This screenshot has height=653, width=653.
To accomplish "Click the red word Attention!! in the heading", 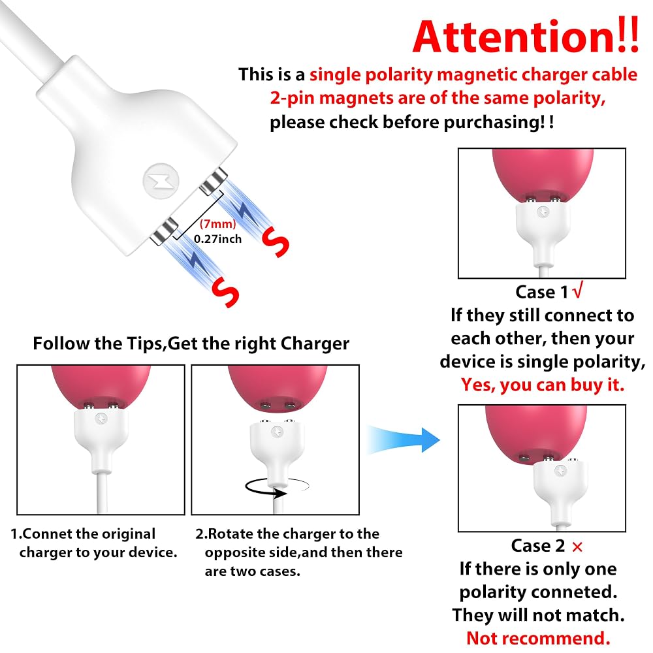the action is pyautogui.click(x=526, y=37).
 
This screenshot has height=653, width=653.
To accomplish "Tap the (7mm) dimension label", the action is pyautogui.click(x=218, y=224).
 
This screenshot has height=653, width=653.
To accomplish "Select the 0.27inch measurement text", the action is pyautogui.click(x=218, y=239).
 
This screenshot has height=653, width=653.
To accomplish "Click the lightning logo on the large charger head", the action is pyautogui.click(x=161, y=181).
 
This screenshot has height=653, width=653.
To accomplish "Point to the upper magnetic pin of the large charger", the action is pyautogui.click(x=214, y=181).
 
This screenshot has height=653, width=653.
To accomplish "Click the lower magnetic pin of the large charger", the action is pyautogui.click(x=164, y=232).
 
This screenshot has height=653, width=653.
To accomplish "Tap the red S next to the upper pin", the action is pyautogui.click(x=276, y=242).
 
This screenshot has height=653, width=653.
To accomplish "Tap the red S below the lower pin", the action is pyautogui.click(x=225, y=292).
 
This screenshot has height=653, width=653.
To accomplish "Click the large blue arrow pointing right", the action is pyautogui.click(x=403, y=439).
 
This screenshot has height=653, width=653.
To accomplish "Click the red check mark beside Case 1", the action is pyautogui.click(x=578, y=291).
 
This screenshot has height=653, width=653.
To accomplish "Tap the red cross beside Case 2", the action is pyautogui.click(x=577, y=547).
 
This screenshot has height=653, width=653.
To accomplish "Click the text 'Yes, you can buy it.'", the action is pyautogui.click(x=542, y=385).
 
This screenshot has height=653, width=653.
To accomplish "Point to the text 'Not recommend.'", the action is pyautogui.click(x=538, y=638).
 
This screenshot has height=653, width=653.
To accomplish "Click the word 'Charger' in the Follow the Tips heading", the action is pyautogui.click(x=315, y=343).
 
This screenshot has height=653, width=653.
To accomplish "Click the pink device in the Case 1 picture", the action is pyautogui.click(x=543, y=173).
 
